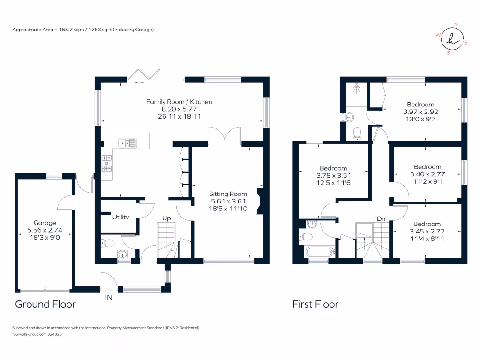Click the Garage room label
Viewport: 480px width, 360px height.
pos(45,223)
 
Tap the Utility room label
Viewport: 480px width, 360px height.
pos(120,217)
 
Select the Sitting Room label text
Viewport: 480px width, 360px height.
pos(228,194)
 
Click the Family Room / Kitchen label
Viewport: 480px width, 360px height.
pos(179,102)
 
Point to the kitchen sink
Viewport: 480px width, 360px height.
pos(127,142)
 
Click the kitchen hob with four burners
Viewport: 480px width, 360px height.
pos(107,163)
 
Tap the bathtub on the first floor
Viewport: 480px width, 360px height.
pos(321,252)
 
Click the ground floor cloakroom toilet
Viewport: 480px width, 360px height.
pos(109,243)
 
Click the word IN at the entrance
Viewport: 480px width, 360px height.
pos(109,297)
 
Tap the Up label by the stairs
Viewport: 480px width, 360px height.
pos(166,218)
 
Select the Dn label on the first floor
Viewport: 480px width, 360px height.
pos(382,218)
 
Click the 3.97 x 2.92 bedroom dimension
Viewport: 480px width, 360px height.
pos(420,112)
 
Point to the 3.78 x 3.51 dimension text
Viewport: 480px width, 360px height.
pos(333,176)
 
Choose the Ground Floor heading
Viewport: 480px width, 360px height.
pos(45,304)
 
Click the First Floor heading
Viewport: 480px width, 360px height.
pos(315,304)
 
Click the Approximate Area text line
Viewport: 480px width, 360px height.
pos(83,30)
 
